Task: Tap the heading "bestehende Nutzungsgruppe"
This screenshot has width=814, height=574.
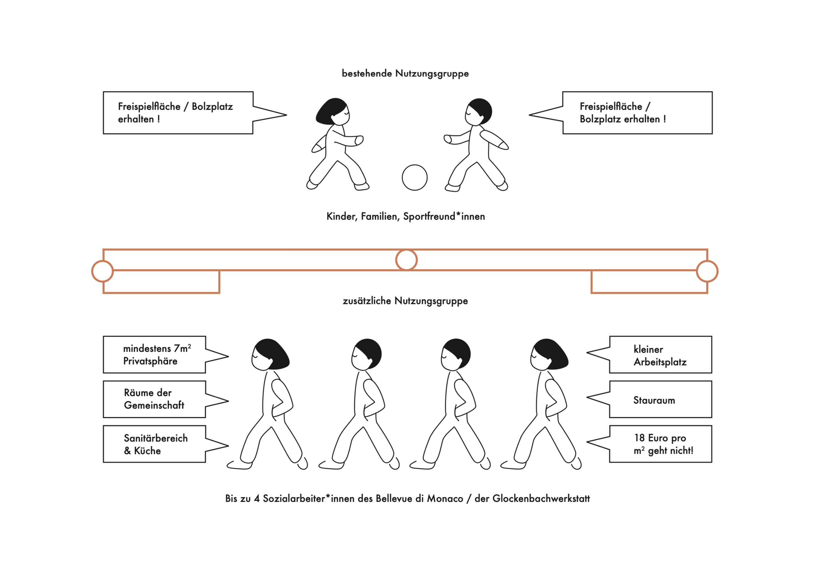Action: pyautogui.click(x=405, y=73)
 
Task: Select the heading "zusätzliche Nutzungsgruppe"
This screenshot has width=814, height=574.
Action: pyautogui.click(x=405, y=301)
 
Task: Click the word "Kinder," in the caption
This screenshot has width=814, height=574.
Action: pyautogui.click(x=342, y=216)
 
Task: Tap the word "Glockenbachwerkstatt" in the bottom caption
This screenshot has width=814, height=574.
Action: pyautogui.click(x=541, y=499)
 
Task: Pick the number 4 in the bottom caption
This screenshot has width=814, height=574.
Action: pyautogui.click(x=257, y=499)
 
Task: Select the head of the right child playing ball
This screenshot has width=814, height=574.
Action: pyautogui.click(x=478, y=112)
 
